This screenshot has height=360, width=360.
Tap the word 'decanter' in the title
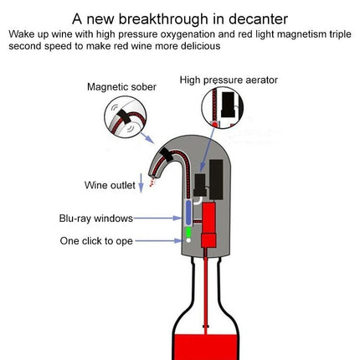(x=258, y=19)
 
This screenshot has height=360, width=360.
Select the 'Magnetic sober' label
(x=121, y=87)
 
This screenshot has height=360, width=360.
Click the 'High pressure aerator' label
(x=229, y=80)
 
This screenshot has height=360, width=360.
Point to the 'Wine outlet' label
(x=110, y=185)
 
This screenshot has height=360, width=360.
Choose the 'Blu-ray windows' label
(x=96, y=219)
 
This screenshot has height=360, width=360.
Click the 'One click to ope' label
(x=96, y=241)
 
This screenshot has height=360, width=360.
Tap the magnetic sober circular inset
(x=125, y=116)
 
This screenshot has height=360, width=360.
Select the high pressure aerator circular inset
(x=222, y=107)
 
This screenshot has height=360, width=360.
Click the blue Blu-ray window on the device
(x=188, y=213)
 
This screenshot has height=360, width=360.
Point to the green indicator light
(x=188, y=232)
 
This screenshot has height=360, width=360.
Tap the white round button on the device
(x=188, y=240)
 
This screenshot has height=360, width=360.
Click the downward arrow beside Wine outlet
(x=141, y=183)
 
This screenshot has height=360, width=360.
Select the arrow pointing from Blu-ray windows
(x=157, y=218)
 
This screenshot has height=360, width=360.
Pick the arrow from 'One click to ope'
(x=158, y=240)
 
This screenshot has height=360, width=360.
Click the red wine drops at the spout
(x=152, y=182)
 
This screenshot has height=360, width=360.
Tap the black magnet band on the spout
(x=167, y=154)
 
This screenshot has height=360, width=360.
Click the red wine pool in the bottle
(x=206, y=347)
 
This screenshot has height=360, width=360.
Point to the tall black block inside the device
(x=216, y=180)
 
